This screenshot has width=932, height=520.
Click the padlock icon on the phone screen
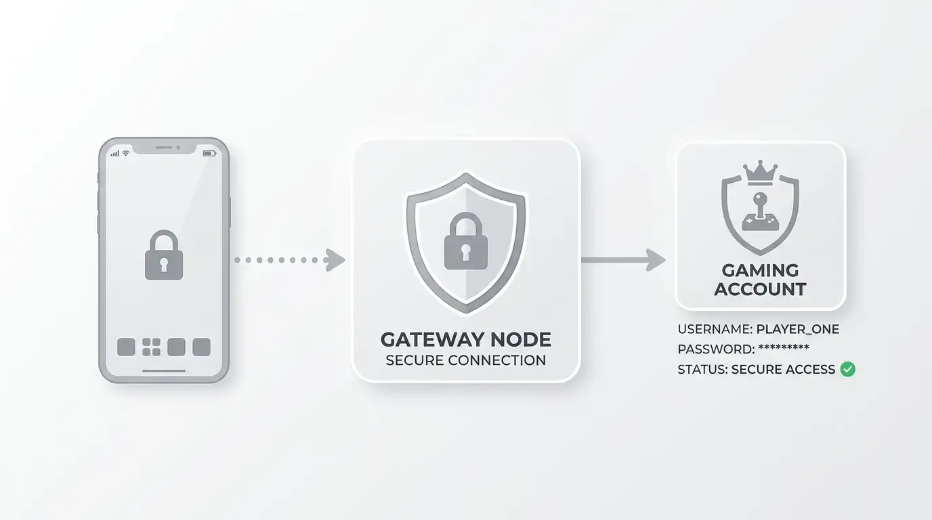click(x=164, y=255)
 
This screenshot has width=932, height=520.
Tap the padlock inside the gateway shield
click(x=465, y=241)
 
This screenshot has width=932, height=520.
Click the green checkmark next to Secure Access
click(x=847, y=369)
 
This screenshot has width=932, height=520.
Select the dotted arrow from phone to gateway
click(x=290, y=260)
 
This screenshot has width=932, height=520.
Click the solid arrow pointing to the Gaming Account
click(x=623, y=260)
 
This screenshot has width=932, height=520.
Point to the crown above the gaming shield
click(x=760, y=172)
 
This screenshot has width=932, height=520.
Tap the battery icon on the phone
click(x=209, y=154)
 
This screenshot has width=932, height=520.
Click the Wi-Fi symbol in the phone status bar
click(x=126, y=153)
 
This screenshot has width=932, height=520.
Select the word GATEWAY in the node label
click(x=433, y=339)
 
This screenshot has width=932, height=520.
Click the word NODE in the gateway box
click(x=522, y=339)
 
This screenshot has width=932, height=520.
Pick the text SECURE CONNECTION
click(x=465, y=360)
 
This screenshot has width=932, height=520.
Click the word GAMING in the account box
click(x=760, y=270)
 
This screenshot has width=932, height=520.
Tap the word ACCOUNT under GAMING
click(x=760, y=289)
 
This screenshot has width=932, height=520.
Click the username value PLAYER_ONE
click(x=798, y=330)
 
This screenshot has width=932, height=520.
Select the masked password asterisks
click(x=784, y=347)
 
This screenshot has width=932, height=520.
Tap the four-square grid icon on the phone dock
click(x=152, y=347)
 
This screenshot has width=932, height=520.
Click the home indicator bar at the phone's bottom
click(x=164, y=371)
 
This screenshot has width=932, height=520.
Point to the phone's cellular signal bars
click(x=115, y=154)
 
